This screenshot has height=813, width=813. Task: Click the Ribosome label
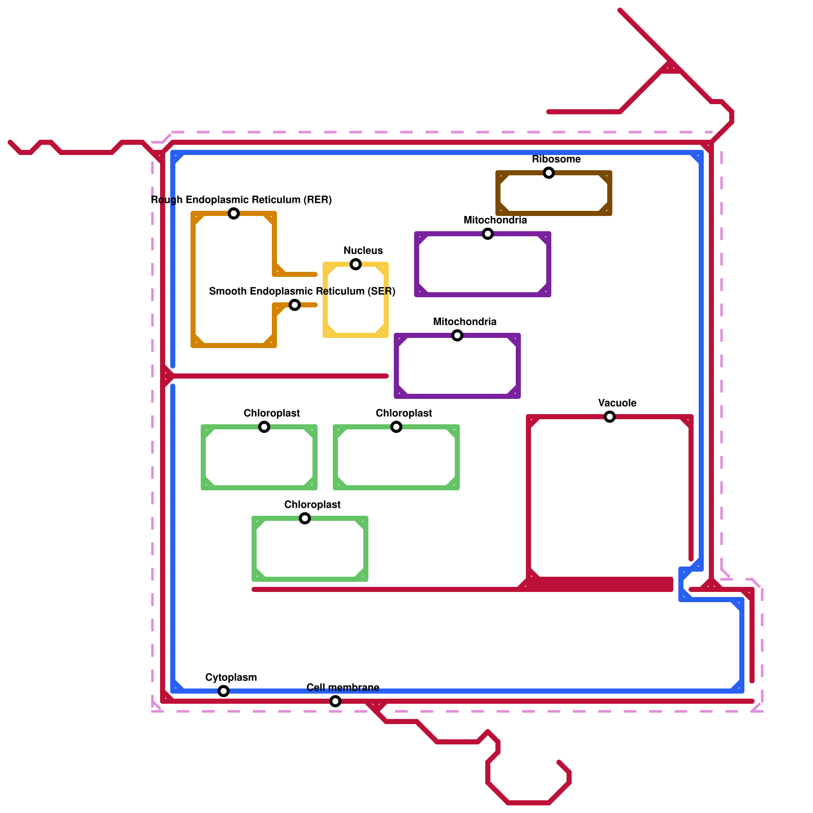556,159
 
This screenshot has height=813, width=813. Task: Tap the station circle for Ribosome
549,173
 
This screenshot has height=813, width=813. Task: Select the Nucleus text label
363,251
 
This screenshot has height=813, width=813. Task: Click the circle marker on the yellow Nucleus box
356,264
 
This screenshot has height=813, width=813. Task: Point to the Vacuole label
617,403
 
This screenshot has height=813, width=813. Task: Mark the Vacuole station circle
610,417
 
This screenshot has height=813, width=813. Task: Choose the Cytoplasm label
231,677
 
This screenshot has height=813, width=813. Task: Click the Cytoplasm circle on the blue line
224,691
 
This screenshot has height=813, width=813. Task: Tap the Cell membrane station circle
335,701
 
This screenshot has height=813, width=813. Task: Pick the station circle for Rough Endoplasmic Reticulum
234,213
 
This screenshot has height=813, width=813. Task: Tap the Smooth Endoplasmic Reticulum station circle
295,305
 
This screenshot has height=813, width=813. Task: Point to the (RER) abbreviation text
318,200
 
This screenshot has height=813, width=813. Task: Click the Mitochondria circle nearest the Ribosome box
488,234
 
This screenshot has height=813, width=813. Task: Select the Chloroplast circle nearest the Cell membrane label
305,518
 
